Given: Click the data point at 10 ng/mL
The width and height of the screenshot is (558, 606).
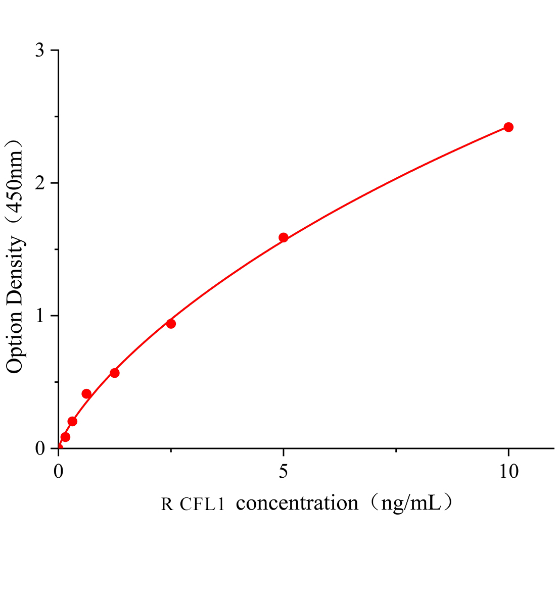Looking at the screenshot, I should pyautogui.click(x=508, y=127).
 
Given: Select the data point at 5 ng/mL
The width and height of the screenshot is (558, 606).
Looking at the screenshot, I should pyautogui.click(x=284, y=237).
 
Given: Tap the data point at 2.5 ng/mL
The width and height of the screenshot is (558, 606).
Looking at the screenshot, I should pyautogui.click(x=171, y=324).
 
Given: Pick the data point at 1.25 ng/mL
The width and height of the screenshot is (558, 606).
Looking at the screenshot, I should pyautogui.click(x=115, y=373).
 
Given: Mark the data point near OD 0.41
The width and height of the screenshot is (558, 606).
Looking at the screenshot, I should pyautogui.click(x=86, y=394).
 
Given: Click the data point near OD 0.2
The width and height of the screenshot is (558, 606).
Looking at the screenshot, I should pyautogui.click(x=72, y=421).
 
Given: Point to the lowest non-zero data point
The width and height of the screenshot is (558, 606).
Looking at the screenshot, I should pyautogui.click(x=65, y=437).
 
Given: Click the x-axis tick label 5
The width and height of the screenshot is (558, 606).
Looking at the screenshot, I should pyautogui.click(x=284, y=472).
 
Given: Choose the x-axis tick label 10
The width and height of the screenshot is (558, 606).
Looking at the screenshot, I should pyautogui.click(x=508, y=472).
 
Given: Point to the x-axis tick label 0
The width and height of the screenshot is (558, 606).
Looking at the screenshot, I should pyautogui.click(x=59, y=472).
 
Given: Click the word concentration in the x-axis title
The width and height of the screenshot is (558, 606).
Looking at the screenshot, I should pyautogui.click(x=297, y=503).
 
